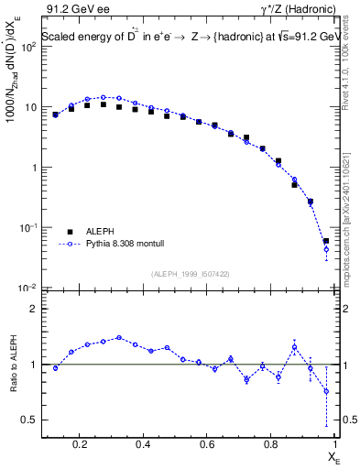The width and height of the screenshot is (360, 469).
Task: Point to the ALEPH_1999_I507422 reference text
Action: point(191,274)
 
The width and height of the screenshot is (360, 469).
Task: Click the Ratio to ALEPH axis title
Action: point(14,364)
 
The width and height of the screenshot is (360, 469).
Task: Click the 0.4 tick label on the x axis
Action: point(143,445)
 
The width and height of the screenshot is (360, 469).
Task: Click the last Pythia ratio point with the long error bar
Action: point(326,391)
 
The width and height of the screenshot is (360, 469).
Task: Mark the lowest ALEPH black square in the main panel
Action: point(326,241)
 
